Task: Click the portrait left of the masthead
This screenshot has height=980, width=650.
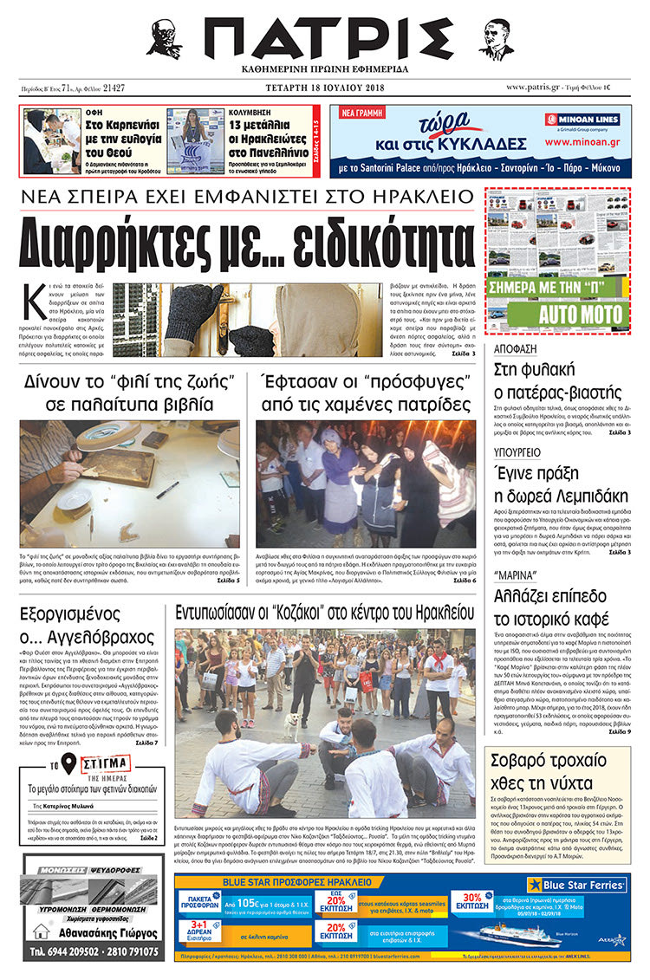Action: [164, 38]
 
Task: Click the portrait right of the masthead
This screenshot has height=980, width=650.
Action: [496, 38]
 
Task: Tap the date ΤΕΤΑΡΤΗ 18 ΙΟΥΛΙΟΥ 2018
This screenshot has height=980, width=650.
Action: [323, 88]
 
